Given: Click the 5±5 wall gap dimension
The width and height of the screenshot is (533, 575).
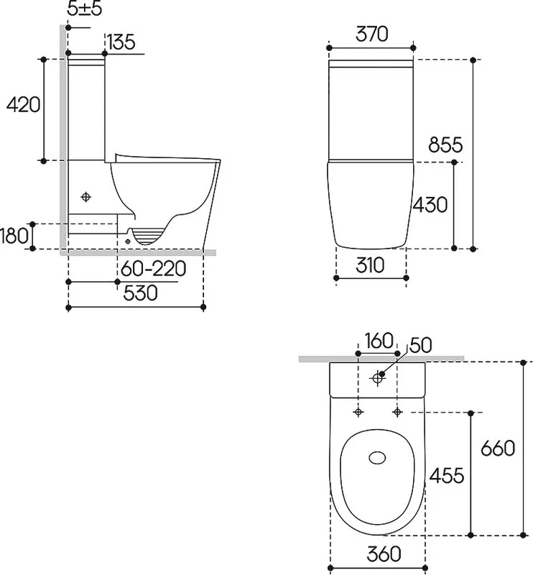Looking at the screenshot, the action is [x=85, y=9].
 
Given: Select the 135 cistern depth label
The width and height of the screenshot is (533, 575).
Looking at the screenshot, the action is [x=121, y=42].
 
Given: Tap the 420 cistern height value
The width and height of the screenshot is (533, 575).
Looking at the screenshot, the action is [x=23, y=104].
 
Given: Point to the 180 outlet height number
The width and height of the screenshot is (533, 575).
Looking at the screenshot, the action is [x=14, y=236].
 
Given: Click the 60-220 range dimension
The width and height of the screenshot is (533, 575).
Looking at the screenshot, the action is [x=153, y=269].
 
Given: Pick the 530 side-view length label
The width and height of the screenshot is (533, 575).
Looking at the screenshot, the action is [x=140, y=293].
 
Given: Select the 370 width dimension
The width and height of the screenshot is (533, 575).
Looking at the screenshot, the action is [x=371, y=34].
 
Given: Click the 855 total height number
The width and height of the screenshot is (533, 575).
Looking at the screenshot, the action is [x=445, y=144].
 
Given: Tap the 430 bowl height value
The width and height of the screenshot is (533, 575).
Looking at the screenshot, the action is [x=430, y=205].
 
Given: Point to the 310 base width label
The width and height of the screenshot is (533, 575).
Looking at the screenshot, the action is [x=370, y=265].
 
